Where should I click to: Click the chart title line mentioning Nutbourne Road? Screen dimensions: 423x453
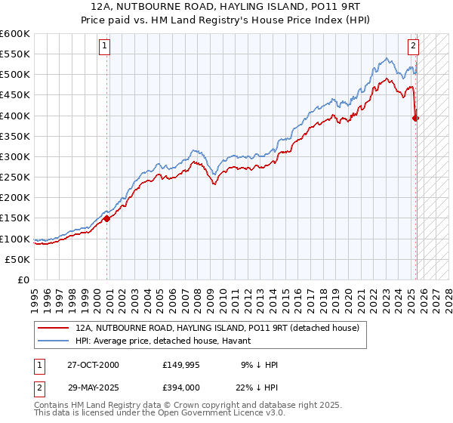pyautogui.click(x=226, y=7)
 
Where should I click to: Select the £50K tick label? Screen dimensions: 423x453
pyautogui.click(x=17, y=259)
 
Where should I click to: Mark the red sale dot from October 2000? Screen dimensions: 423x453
pyautogui.click(x=106, y=218)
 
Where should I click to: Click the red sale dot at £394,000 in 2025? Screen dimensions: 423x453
pyautogui.click(x=416, y=117)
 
